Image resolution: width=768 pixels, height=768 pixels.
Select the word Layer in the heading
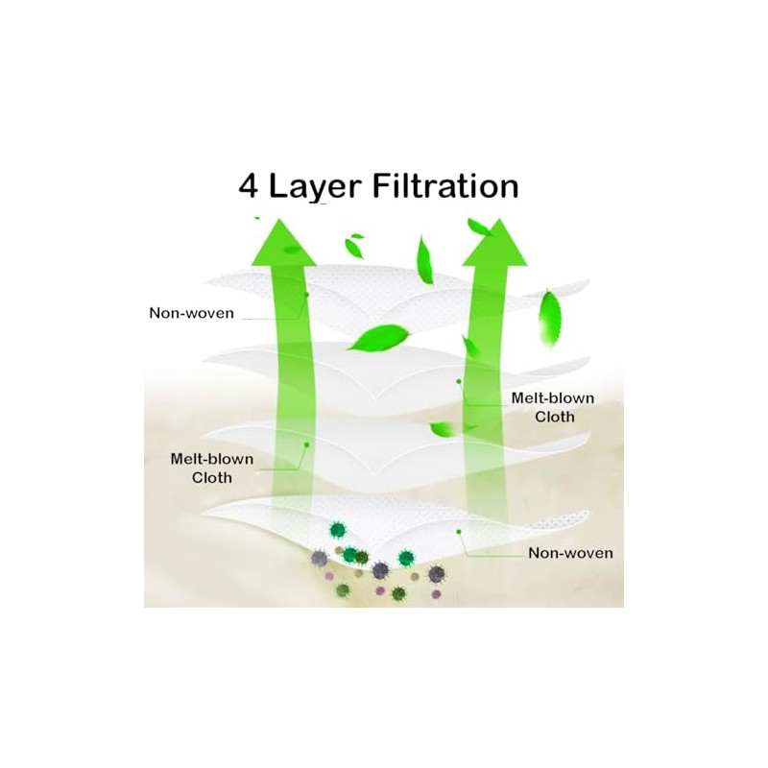[321, 185]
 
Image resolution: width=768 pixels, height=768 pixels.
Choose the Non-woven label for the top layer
[192, 313]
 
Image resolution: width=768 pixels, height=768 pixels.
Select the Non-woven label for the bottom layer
[570, 553]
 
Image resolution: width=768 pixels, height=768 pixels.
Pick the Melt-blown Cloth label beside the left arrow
[213, 468]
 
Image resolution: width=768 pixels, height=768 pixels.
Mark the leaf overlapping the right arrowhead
[477, 228]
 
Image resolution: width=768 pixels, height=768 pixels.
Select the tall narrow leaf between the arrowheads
[423, 259]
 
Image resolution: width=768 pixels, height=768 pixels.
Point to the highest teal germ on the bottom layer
[337, 529]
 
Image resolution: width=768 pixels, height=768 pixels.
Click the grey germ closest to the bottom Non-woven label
[438, 574]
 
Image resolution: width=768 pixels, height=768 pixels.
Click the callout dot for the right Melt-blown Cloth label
[460, 381]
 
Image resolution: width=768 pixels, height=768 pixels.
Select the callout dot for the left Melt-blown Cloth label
[306, 444]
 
